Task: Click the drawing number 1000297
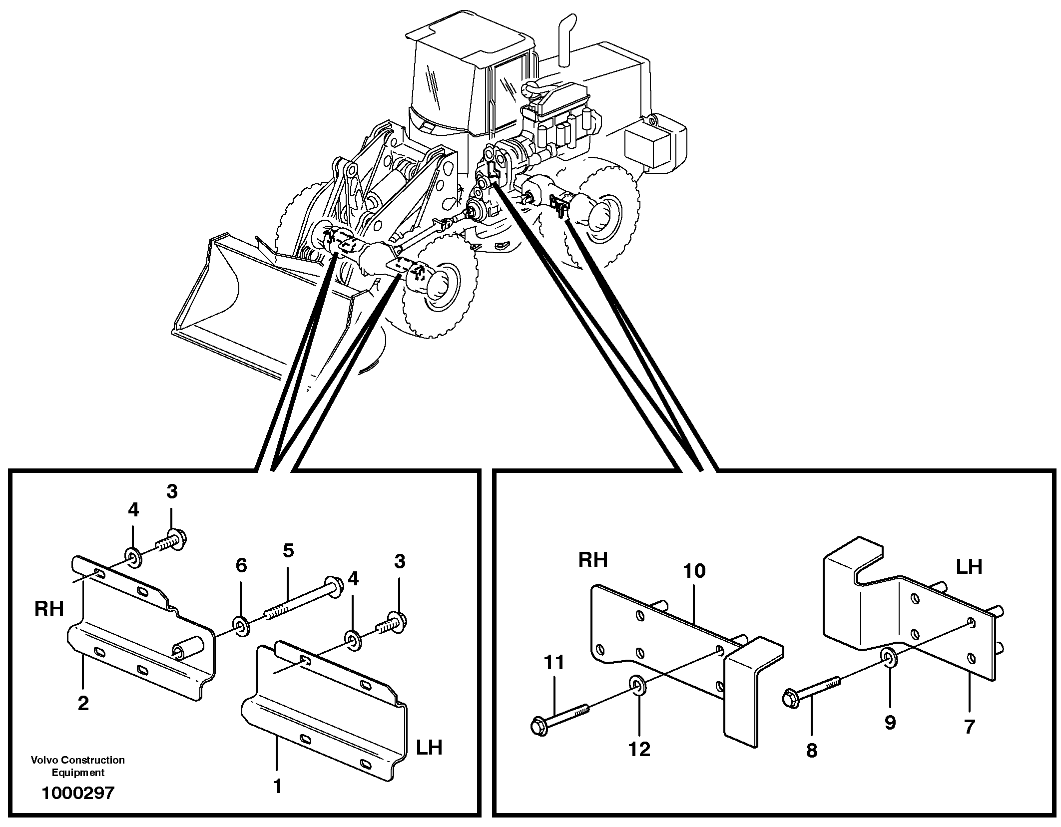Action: click(78, 793)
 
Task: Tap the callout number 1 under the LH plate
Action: click(278, 787)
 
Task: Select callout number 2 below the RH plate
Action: click(83, 703)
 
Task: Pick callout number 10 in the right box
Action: click(694, 571)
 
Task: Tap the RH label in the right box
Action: click(592, 560)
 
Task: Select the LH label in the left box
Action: click(429, 748)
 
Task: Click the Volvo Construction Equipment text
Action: click(78, 766)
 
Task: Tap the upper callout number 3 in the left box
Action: click(172, 492)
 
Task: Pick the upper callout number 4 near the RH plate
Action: click(133, 510)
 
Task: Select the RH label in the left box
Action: click(49, 609)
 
